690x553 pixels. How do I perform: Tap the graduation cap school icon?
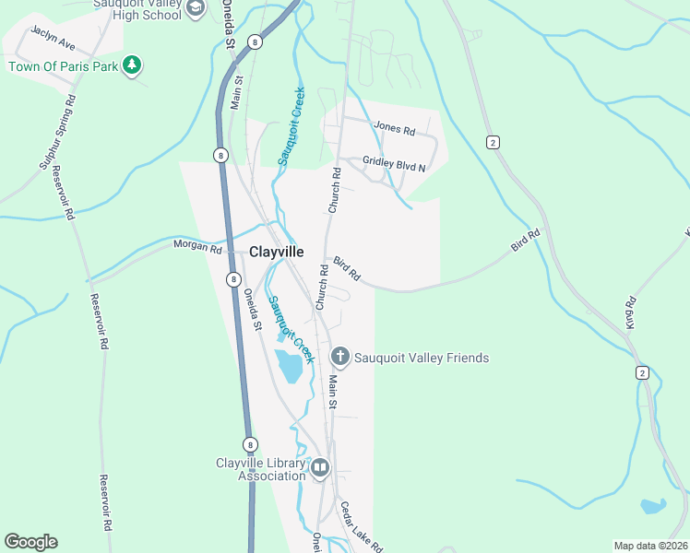(195, 8)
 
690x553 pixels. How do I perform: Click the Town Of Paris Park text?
(64, 65)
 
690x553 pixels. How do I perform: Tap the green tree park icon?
(133, 65)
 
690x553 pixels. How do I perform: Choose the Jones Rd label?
(394, 129)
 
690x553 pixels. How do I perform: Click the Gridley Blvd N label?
(395, 164)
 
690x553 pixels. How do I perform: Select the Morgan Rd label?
(197, 248)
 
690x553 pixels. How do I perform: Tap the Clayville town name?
(277, 251)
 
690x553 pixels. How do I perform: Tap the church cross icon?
(340, 357)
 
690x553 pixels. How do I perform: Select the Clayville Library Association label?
(260, 469)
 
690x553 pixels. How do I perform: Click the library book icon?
(320, 468)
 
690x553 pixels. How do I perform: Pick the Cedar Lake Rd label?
(361, 526)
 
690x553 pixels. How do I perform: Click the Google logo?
(30, 542)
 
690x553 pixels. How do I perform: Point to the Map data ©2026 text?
(651, 546)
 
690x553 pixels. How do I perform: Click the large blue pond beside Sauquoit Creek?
(290, 367)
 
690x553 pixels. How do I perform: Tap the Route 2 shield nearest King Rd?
(642, 372)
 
